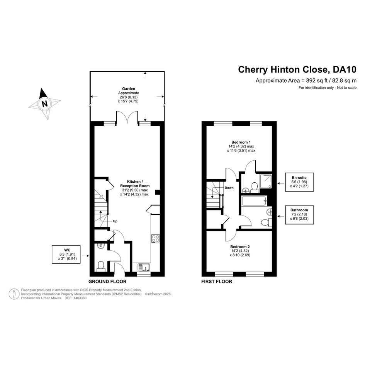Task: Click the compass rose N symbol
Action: click(45, 104)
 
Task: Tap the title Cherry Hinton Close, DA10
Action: click(297, 70)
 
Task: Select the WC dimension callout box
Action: click(66, 255)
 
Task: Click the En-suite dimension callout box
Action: click(299, 182)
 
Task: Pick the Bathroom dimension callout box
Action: click(299, 215)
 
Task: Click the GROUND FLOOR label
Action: click(107, 282)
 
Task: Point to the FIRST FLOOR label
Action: click(217, 282)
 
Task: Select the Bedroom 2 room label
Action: click(240, 247)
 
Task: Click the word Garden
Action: click(129, 89)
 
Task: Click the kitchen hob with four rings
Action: click(156, 239)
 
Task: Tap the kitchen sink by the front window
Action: click(144, 267)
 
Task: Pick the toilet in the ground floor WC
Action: click(101, 267)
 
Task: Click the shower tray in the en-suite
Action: click(266, 181)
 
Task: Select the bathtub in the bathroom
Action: click(254, 201)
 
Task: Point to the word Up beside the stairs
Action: click(115, 221)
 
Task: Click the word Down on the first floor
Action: click(229, 188)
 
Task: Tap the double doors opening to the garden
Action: click(127, 117)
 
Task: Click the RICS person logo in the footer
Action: click(14, 294)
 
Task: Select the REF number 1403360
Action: click(80, 298)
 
